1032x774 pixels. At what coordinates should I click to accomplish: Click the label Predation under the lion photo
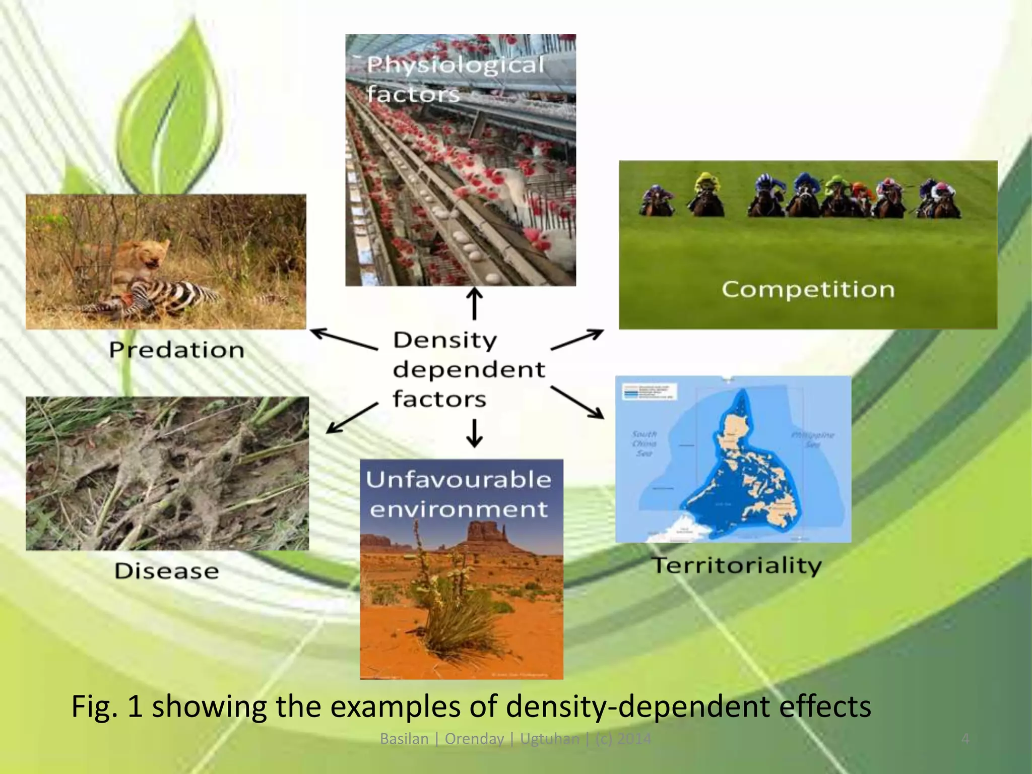point(177,350)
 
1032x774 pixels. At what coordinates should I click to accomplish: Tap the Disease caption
point(167,571)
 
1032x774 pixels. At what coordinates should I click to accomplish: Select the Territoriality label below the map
point(737,565)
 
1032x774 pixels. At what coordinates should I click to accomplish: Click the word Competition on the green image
point(808,289)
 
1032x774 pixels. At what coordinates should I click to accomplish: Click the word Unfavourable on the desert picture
point(458,479)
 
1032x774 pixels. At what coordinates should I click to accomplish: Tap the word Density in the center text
point(445,340)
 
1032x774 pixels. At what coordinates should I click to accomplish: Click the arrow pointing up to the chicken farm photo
point(474,303)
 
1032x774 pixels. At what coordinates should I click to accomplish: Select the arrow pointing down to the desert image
point(474,434)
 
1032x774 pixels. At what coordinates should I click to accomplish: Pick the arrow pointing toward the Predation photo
point(343,339)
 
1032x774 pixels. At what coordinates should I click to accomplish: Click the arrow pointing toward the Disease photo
point(351,418)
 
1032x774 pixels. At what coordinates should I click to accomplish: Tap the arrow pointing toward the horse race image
point(577,339)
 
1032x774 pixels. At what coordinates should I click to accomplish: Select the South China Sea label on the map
point(644,443)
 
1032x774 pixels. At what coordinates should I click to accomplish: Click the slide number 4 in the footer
point(965,739)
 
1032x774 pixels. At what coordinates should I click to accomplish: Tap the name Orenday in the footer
point(474,739)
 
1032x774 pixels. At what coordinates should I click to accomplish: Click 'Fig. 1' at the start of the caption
point(107,706)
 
